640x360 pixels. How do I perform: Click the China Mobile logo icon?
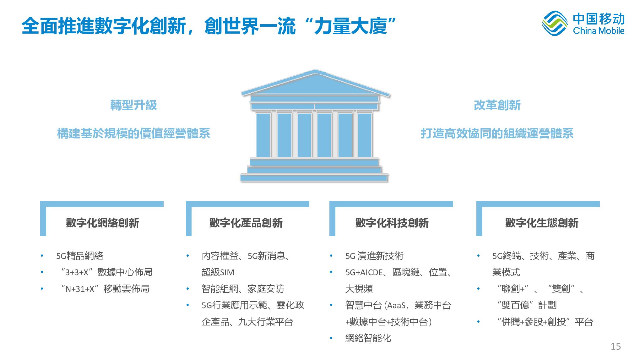[x=555, y=23]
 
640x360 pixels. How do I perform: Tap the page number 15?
[x=616, y=346]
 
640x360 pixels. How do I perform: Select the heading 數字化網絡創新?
[x=102, y=223]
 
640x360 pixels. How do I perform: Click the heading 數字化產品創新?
[x=246, y=223]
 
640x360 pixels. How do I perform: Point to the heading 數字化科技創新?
[x=392, y=223]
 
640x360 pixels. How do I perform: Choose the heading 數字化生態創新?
[x=542, y=223]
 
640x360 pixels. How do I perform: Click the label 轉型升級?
[x=133, y=105]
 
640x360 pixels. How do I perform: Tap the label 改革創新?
[x=497, y=105]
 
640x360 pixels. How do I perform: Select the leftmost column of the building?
[x=263, y=135]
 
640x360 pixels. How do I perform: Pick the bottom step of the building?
[x=314, y=178]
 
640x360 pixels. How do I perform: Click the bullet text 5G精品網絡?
[x=80, y=256]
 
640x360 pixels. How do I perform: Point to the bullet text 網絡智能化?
[x=368, y=338]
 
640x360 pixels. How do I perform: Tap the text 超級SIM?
[x=218, y=272]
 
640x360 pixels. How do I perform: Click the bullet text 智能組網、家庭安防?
[x=243, y=289]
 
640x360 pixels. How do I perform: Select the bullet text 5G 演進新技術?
[x=374, y=256]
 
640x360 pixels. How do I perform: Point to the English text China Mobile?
[x=599, y=30]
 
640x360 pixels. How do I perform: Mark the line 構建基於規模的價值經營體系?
[x=133, y=134]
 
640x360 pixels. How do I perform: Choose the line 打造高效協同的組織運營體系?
[x=497, y=134]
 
